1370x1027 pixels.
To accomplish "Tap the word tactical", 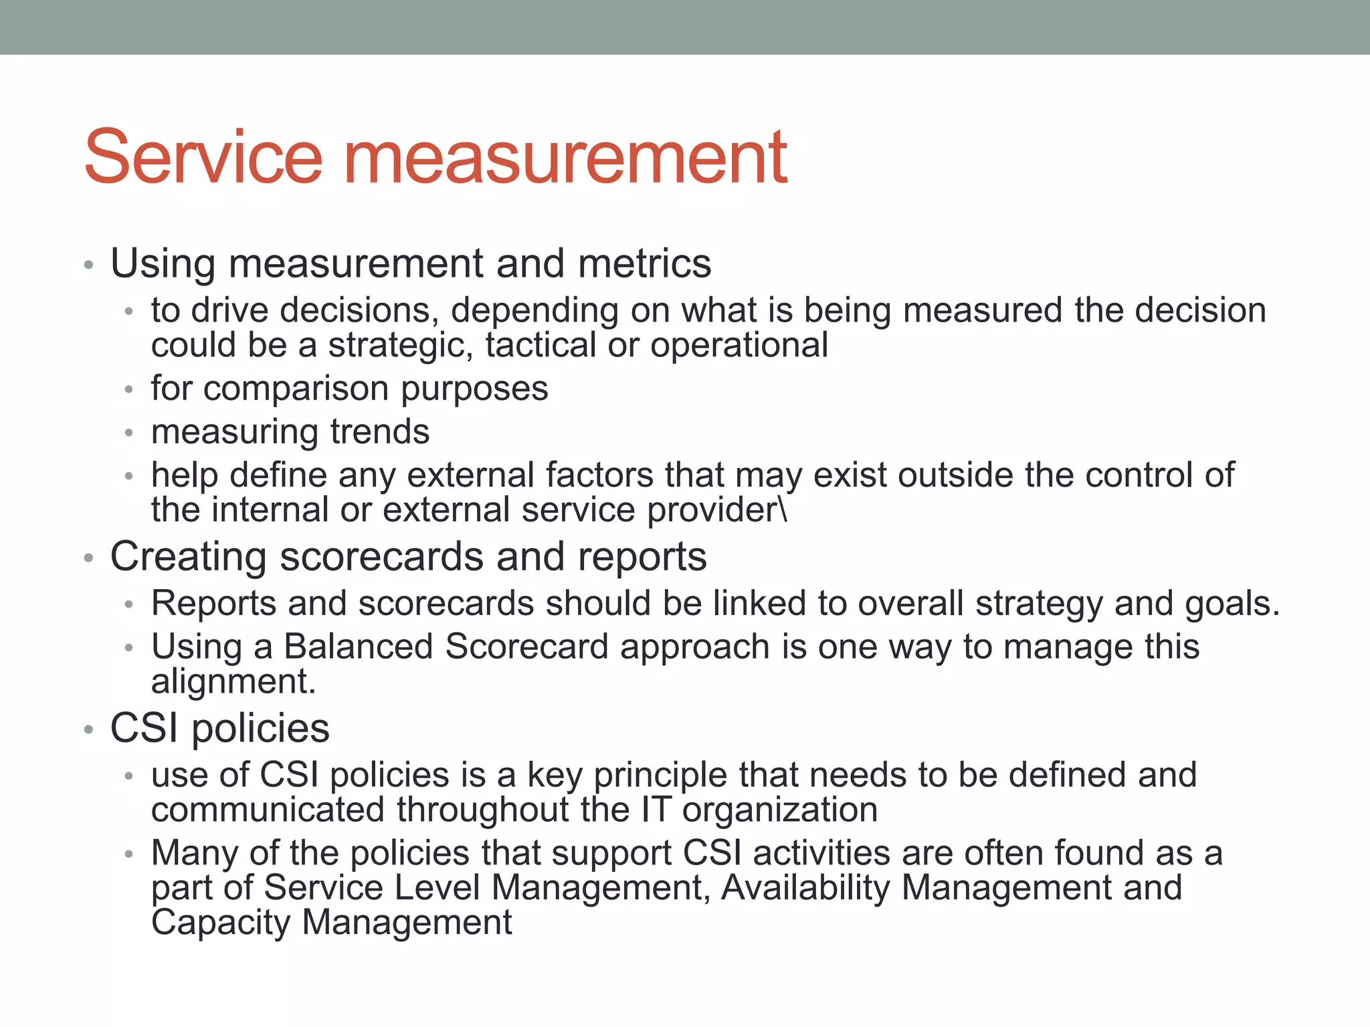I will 541,346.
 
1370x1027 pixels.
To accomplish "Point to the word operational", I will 739,346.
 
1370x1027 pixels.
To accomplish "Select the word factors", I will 599,475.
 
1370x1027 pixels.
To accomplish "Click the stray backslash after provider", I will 783,510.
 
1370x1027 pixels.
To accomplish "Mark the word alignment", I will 233,682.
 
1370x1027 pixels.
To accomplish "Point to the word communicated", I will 268,810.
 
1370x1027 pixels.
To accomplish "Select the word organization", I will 779,810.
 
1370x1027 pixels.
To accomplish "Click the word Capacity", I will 221,923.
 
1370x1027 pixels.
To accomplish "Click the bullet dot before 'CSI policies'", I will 88,729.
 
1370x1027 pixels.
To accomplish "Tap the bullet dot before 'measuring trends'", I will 129,433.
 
